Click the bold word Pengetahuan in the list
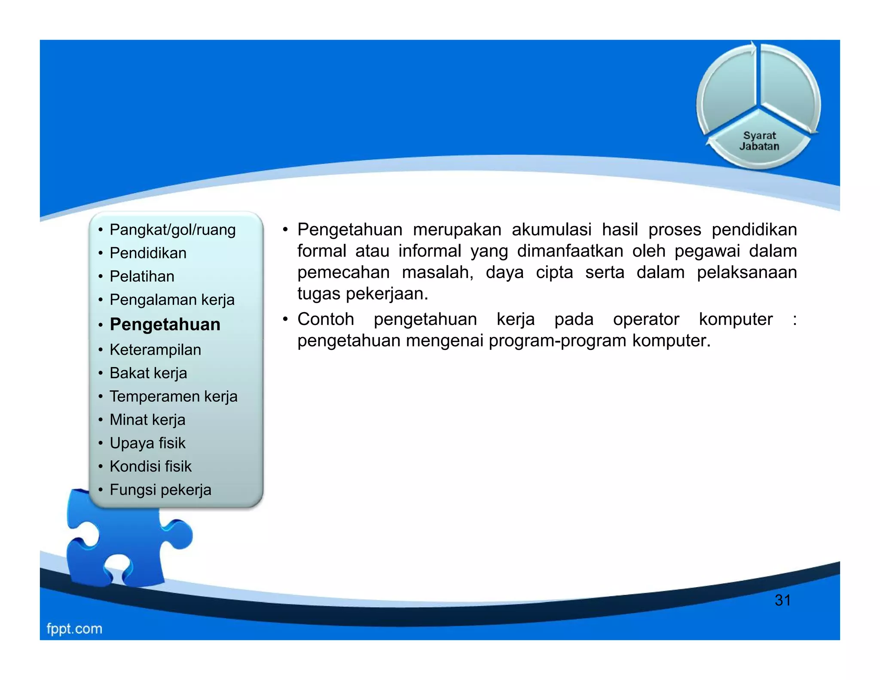coord(165,325)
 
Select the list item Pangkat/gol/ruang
coord(172,230)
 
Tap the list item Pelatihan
coord(142,276)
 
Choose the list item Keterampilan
coord(155,350)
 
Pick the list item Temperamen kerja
coord(173,396)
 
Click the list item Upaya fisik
coord(147,443)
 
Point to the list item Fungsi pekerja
coord(160,490)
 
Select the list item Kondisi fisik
coord(150,466)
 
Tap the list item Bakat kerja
coord(148,373)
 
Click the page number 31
coord(782,600)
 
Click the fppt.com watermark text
coord(74,629)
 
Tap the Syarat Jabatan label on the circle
coord(759,141)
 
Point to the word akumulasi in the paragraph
coord(551,230)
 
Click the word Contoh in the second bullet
coord(326,319)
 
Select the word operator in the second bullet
coord(646,319)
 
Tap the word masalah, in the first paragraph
coord(437,273)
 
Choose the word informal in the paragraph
coord(429,251)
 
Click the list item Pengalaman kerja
coord(172,300)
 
